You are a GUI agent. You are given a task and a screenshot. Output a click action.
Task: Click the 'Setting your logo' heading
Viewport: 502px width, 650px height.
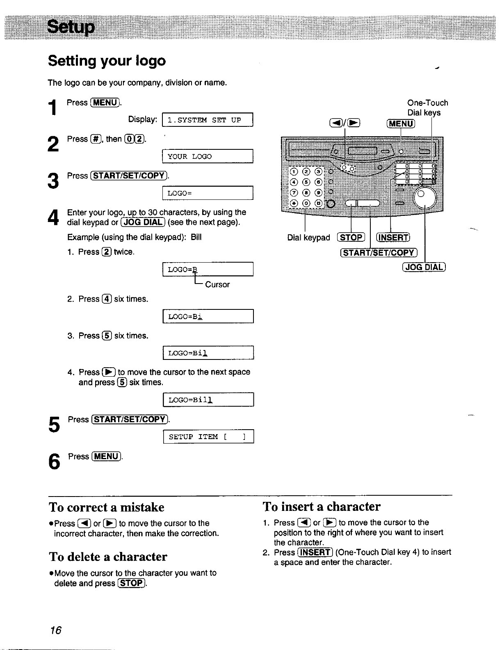107,61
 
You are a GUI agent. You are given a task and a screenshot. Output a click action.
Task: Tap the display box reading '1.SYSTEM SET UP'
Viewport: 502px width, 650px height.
208,120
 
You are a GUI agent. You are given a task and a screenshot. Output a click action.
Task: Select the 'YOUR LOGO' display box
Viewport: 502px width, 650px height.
208,156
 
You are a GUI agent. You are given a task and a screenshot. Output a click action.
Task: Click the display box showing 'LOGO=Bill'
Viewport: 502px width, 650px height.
208,400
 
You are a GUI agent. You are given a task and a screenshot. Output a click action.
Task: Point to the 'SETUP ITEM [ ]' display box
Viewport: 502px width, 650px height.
208,437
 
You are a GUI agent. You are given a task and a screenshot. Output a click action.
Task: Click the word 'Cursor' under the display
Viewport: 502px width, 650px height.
217,284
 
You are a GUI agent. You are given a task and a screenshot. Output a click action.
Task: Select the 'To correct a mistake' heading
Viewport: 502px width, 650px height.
107,507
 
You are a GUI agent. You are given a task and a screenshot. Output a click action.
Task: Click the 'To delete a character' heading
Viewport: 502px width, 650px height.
108,556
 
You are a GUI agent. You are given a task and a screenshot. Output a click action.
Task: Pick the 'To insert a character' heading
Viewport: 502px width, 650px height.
322,506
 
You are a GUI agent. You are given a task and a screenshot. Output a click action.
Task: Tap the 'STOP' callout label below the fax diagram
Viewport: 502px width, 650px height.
351,238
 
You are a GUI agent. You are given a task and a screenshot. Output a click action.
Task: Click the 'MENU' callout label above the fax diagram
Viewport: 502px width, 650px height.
401,124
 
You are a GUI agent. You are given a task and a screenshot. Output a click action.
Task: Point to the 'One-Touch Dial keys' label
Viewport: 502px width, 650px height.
427,108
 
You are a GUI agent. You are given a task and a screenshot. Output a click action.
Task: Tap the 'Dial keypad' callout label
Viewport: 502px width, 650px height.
308,238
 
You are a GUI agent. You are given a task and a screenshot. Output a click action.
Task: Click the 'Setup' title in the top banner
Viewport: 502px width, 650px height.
71,27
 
